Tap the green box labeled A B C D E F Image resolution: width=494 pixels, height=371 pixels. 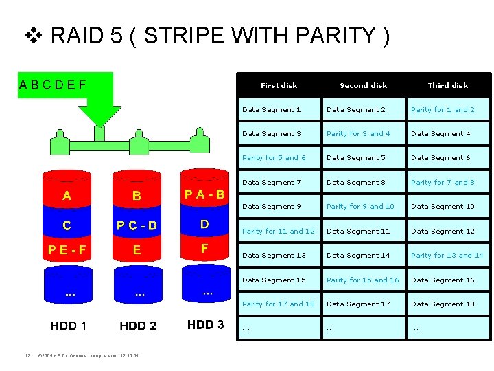tap(53, 85)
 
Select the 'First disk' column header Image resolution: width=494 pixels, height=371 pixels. tap(279, 85)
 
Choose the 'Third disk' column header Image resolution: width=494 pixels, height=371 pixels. tap(447, 85)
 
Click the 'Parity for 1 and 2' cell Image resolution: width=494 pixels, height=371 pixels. tap(443, 109)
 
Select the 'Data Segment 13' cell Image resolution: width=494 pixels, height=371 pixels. tap(274, 255)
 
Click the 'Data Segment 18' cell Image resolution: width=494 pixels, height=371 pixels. tap(443, 304)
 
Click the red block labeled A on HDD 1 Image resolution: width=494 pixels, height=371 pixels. tap(67, 196)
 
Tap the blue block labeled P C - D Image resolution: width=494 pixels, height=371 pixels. tap(137, 225)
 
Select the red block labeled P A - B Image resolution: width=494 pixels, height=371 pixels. tap(204, 194)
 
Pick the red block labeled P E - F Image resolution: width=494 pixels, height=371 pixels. tap(67, 249)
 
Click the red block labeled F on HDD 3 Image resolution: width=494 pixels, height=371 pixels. tap(204, 247)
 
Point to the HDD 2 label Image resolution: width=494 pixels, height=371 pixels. tap(137, 326)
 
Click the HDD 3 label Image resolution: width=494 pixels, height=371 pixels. tap(205, 324)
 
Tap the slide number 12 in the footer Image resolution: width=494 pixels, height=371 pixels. tap(27, 356)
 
